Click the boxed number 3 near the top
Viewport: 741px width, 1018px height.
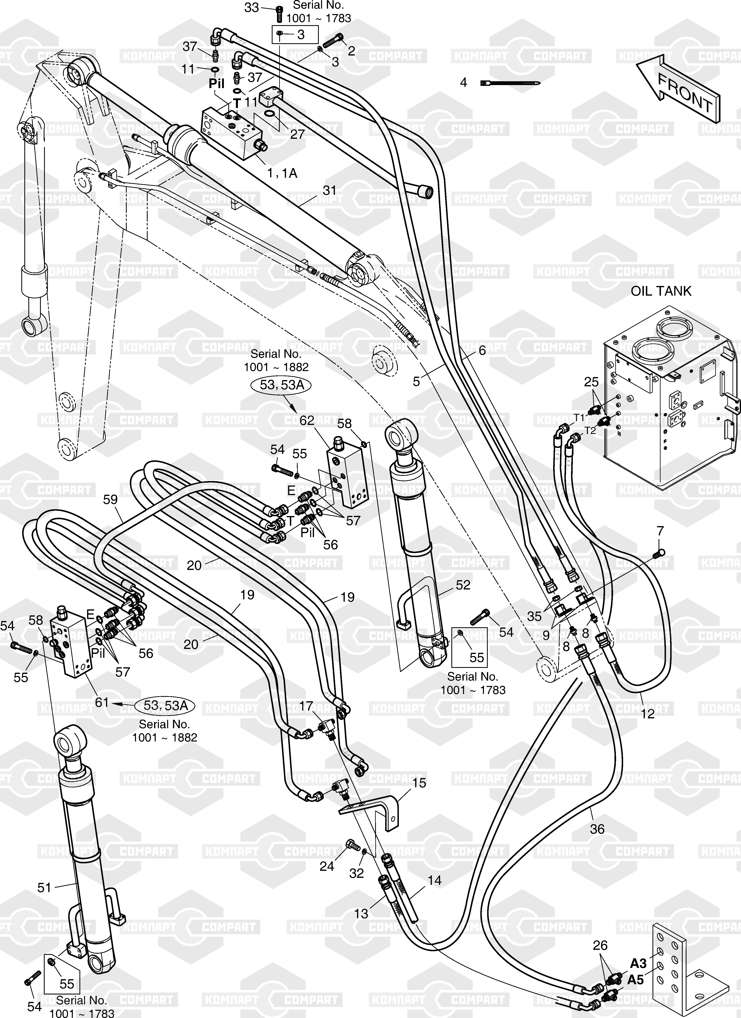pos(300,35)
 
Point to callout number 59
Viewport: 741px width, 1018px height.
pos(110,500)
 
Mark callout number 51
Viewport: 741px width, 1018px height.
pos(44,887)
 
